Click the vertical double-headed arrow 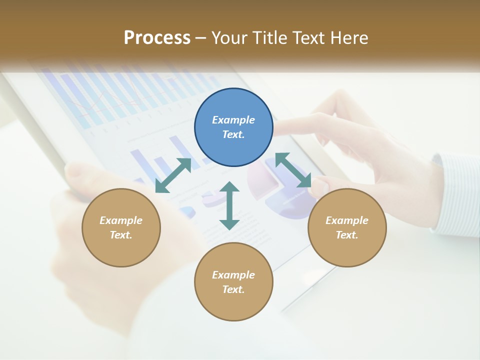pos(229,205)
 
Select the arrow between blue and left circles pos(173,175)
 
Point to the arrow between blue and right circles pos(293,170)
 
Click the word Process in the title pos(157,37)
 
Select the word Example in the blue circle pos(233,120)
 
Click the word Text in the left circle pos(121,235)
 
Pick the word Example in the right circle pos(347,220)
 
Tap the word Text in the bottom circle pos(233,289)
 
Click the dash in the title pos(200,38)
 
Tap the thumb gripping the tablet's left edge pos(80,175)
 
